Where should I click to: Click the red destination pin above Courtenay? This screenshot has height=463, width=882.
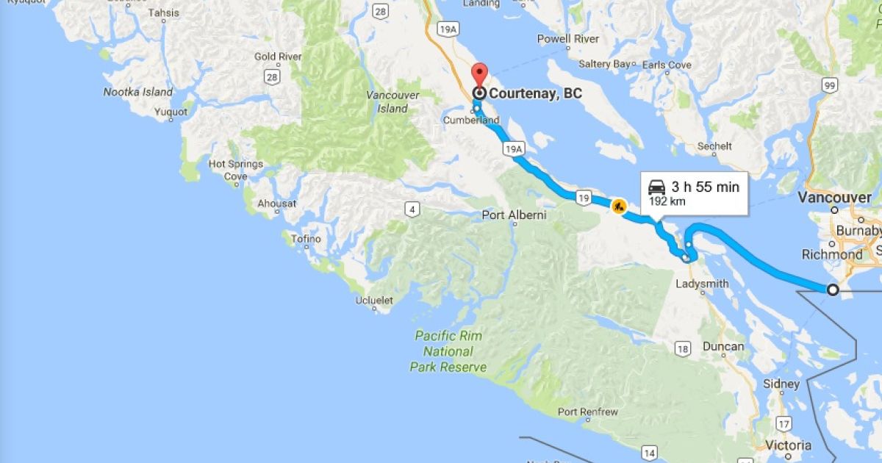pyautogui.click(x=479, y=75)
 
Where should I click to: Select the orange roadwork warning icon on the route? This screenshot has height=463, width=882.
pyautogui.click(x=618, y=207)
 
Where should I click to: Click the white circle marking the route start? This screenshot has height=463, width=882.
pyautogui.click(x=833, y=290)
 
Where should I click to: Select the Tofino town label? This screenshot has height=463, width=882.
pyautogui.click(x=306, y=239)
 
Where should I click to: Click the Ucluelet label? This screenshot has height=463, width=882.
pyautogui.click(x=374, y=300)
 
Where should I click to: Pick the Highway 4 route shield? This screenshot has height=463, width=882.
pyautogui.click(x=413, y=210)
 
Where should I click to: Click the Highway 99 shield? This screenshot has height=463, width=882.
pyautogui.click(x=831, y=87)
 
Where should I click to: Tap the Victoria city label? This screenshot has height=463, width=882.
pyautogui.click(x=788, y=445)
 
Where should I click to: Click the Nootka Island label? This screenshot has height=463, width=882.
pyautogui.click(x=137, y=92)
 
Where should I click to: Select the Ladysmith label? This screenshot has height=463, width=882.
pyautogui.click(x=703, y=284)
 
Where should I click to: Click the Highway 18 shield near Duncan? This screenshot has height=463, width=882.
pyautogui.click(x=683, y=349)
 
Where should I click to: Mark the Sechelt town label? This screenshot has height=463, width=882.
pyautogui.click(x=714, y=146)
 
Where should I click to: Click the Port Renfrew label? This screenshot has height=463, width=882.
pyautogui.click(x=587, y=412)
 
